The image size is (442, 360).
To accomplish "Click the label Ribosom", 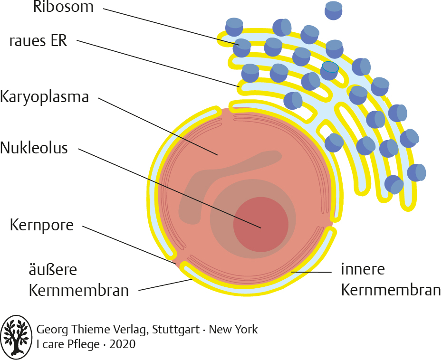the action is [63, 7].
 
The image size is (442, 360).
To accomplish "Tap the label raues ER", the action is [38, 41].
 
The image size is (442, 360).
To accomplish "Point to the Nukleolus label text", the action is [34, 148].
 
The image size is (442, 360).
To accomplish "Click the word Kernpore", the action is [42, 225].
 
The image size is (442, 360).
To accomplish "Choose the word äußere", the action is [53, 270].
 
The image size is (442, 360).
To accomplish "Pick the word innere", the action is [363, 269].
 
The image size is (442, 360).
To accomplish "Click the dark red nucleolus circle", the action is [261, 224].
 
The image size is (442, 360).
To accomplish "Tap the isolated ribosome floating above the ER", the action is [334, 10].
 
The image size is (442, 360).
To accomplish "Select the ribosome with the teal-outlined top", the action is [329, 70].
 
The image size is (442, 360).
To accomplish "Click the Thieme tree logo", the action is [16, 335].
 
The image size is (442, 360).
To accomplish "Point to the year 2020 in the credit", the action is [122, 344].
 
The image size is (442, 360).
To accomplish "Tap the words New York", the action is [233, 329].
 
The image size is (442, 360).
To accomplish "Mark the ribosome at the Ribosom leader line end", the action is [242, 48].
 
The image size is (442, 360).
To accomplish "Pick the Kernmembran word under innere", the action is [391, 290].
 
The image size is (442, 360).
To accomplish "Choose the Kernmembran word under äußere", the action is [79, 291].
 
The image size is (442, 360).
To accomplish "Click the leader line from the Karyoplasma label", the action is [158, 126].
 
